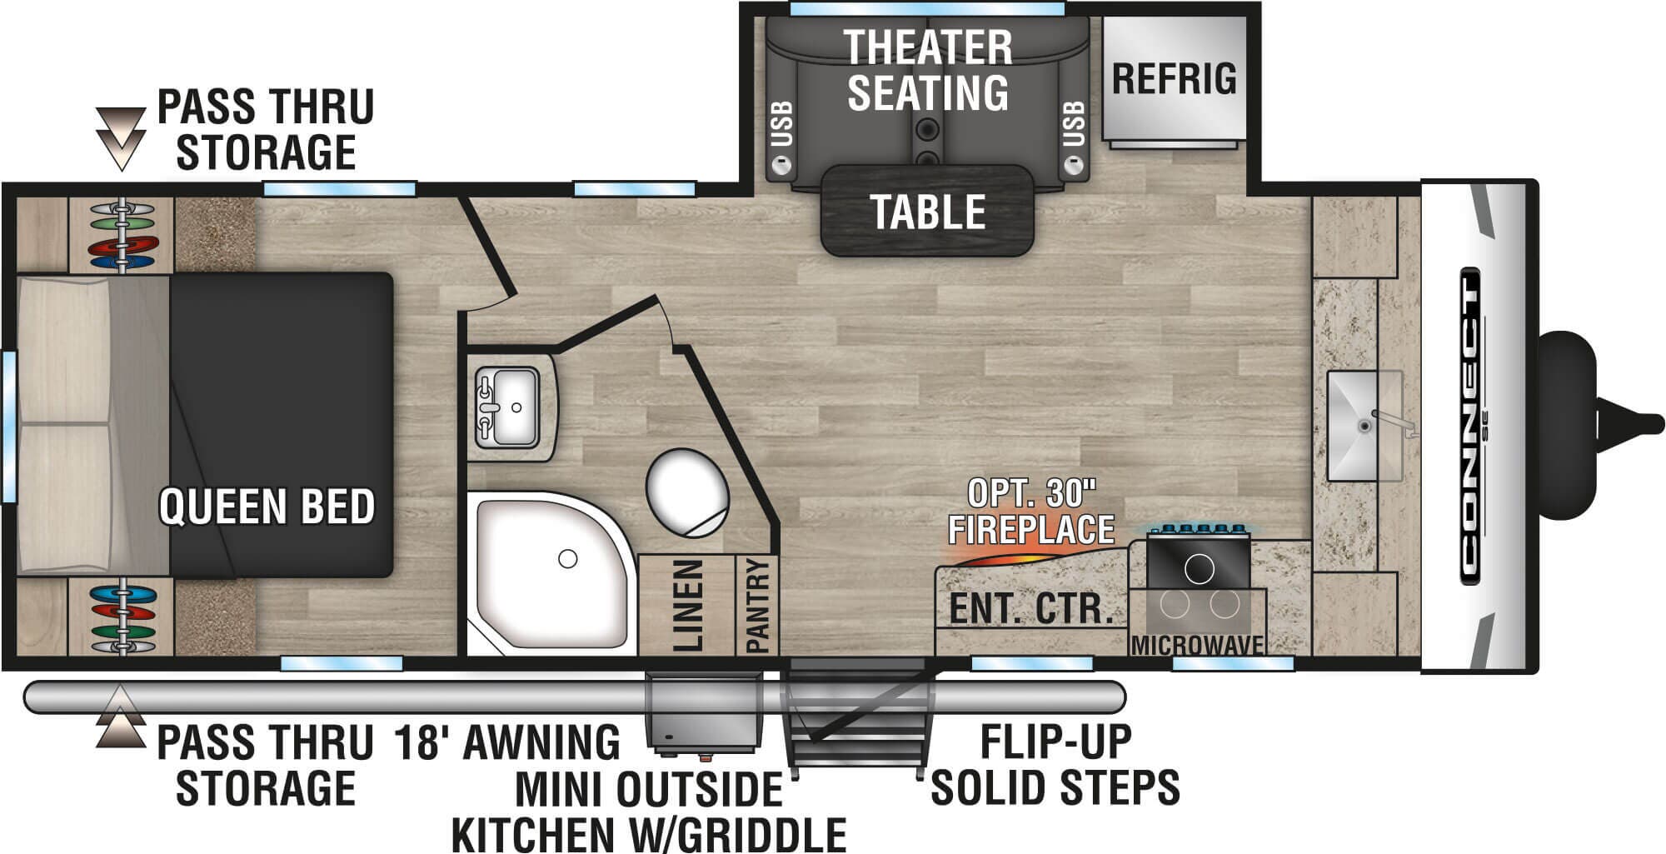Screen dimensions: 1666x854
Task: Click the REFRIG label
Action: [1175, 78]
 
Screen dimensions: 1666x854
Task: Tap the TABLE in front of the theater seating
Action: [927, 211]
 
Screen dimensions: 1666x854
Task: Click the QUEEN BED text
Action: [267, 507]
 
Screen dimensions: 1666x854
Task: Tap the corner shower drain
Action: [568, 558]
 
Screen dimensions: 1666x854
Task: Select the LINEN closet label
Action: [688, 605]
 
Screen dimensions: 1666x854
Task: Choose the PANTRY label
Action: [757, 606]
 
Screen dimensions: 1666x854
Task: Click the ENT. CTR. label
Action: [1031, 609]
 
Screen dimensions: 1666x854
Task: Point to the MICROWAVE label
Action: [1197, 645]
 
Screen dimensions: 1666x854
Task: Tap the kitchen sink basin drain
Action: [1364, 426]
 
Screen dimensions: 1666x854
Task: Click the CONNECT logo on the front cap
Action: [1470, 426]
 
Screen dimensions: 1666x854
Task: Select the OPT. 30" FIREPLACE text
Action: [1031, 512]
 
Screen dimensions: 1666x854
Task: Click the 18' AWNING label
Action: [507, 742]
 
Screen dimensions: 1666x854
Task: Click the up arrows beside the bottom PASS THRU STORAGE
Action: [122, 717]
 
